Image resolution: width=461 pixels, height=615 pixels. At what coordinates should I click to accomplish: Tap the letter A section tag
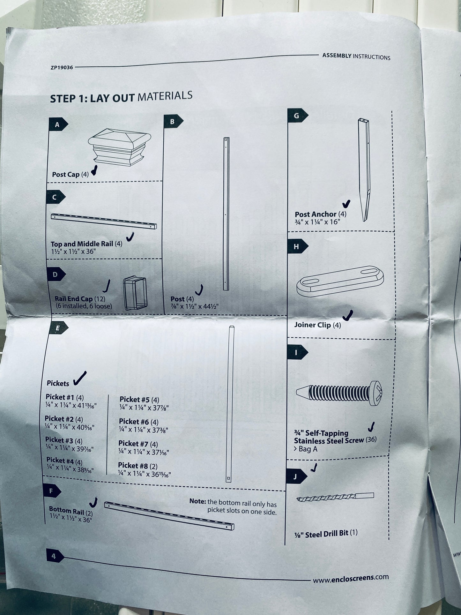[x=58, y=124]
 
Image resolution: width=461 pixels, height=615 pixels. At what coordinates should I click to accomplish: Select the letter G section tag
[x=297, y=116]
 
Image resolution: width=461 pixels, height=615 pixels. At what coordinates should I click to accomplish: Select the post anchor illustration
[x=364, y=170]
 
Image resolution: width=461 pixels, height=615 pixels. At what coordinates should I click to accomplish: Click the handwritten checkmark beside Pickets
[x=80, y=378]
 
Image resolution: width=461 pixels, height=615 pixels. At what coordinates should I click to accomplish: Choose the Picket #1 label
[x=60, y=397]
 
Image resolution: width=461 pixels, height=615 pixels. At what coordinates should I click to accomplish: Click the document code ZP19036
[x=62, y=68]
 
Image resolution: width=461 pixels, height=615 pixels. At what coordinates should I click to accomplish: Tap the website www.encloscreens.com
[x=351, y=578]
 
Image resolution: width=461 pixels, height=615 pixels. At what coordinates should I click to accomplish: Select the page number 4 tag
[x=55, y=556]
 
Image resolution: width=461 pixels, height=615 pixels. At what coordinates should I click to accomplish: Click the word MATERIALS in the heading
[x=165, y=96]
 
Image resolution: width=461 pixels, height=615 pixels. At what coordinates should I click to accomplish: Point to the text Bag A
[x=308, y=449]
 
